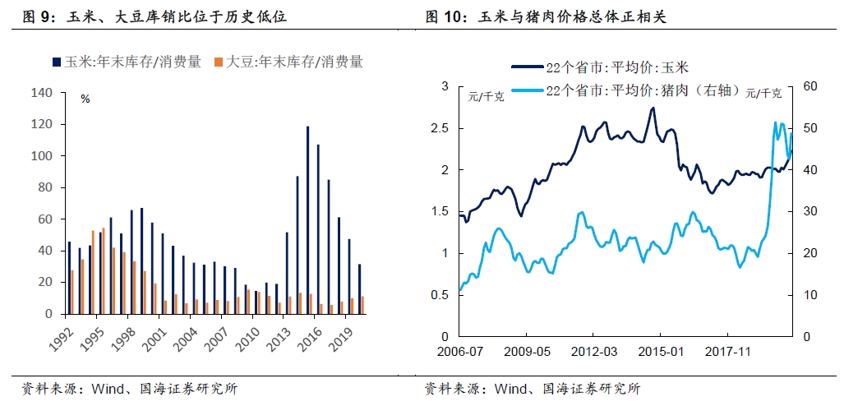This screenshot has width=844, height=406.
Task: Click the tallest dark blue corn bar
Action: point(307,219)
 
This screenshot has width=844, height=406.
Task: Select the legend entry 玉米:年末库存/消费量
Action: point(127,62)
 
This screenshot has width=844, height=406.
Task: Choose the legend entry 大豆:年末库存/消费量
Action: point(288,62)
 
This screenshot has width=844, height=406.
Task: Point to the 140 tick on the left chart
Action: point(41,93)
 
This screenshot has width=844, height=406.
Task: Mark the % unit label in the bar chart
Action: point(85,99)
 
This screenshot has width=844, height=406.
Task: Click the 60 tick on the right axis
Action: point(807,86)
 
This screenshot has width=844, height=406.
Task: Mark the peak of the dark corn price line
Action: point(653,108)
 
